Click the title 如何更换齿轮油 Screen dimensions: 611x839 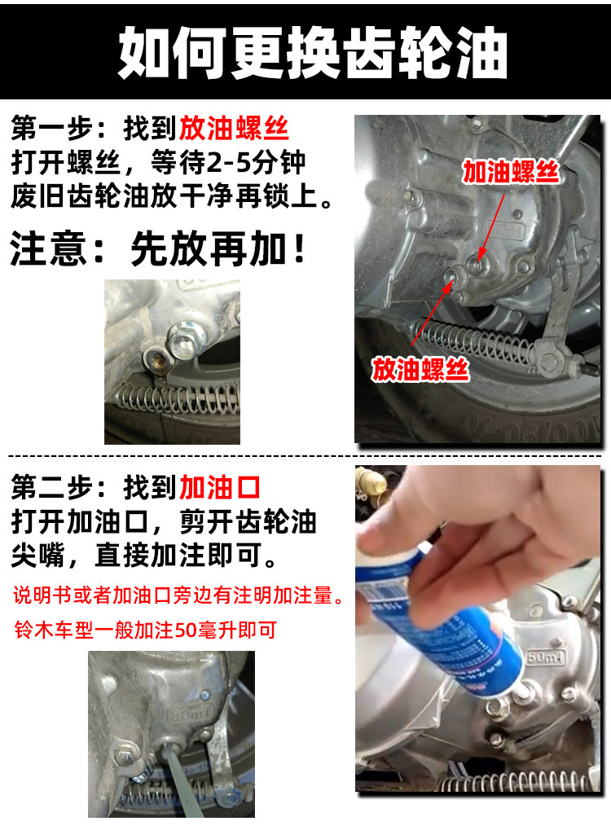click(312, 52)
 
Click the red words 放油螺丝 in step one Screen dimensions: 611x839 click(235, 129)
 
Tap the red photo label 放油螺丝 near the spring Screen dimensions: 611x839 click(420, 370)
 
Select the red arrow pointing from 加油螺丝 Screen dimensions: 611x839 click(492, 227)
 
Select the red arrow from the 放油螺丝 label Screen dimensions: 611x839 click(430, 312)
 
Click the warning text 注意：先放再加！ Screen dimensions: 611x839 click(158, 248)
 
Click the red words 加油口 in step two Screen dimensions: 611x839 click(220, 487)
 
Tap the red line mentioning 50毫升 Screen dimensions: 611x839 click(146, 630)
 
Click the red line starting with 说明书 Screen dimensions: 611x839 click(178, 595)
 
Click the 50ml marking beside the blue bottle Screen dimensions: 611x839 click(547, 657)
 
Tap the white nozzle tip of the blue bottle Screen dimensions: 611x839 click(522, 692)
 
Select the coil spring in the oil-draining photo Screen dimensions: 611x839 click(178, 398)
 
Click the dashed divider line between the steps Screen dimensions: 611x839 click(305, 456)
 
